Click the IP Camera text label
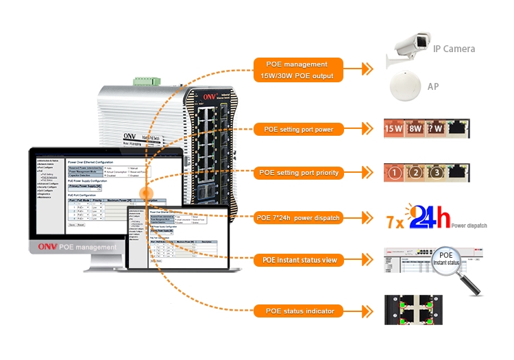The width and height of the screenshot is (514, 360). pyautogui.click(x=454, y=49)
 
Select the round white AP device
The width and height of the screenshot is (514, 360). pyautogui.click(x=405, y=86)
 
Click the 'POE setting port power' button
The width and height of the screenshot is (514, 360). pyautogui.click(x=303, y=129)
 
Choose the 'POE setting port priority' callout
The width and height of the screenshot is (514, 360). pyautogui.click(x=303, y=173)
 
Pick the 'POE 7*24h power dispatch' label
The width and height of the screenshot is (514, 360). pyautogui.click(x=303, y=218)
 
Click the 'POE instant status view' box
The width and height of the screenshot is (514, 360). pyautogui.click(x=303, y=261)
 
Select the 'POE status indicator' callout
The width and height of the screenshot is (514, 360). pyautogui.click(x=303, y=311)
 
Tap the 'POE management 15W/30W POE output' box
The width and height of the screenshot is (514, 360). pyautogui.click(x=303, y=70)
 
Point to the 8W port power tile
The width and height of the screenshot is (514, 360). pyautogui.click(x=415, y=128)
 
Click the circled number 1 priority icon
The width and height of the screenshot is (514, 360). pyautogui.click(x=393, y=173)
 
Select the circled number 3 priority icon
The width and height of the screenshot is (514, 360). pyautogui.click(x=436, y=173)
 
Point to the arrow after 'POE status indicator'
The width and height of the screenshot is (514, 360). pyautogui.click(x=367, y=311)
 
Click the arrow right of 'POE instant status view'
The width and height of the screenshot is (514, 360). pyautogui.click(x=367, y=261)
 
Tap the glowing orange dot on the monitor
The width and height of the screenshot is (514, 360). pyautogui.click(x=145, y=194)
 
